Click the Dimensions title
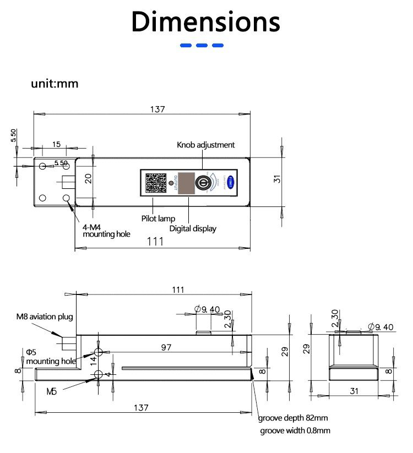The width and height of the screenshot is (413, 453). (206, 22)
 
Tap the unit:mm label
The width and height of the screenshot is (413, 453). (55, 84)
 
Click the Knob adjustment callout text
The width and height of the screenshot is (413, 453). (205, 145)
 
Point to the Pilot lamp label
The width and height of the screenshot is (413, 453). (159, 219)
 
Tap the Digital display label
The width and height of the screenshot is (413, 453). (193, 228)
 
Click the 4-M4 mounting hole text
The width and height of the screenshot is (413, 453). (106, 230)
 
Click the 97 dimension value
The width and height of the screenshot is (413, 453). (166, 347)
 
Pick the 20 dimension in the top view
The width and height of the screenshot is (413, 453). (88, 178)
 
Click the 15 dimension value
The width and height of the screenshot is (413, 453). (56, 144)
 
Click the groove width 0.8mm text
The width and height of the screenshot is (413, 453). (295, 430)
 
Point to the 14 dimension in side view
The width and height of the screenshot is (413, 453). (94, 361)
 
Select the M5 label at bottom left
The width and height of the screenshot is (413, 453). (51, 391)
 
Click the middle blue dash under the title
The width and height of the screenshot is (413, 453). (202, 46)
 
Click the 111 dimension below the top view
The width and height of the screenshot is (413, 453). (156, 242)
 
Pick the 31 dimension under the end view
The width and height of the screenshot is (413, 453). (354, 391)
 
